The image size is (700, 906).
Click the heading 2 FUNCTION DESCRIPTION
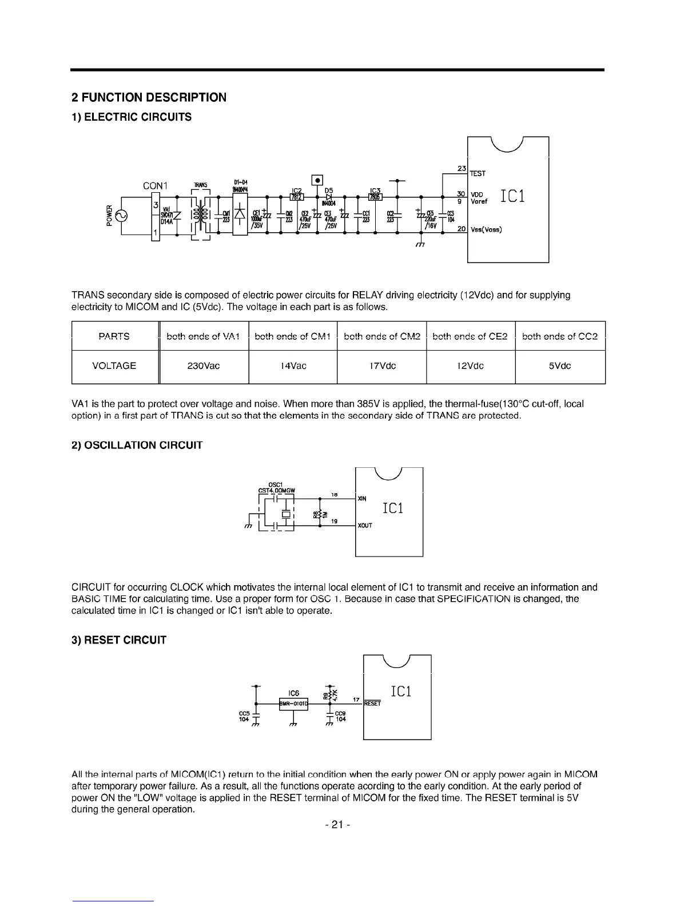[x=149, y=97]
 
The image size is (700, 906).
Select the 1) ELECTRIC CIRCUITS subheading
[x=132, y=117]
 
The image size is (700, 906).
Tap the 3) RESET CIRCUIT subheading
[x=119, y=640]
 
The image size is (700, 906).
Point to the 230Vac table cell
[x=204, y=366]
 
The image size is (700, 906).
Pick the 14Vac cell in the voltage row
[x=293, y=366]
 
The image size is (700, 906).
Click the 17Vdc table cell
[x=382, y=366]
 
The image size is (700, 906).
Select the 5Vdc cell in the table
[x=560, y=366]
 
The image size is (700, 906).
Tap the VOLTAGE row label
[x=114, y=366]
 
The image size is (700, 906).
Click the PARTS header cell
[x=114, y=336]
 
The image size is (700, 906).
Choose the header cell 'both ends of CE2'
[x=471, y=336]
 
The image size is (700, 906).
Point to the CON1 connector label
[x=155, y=186]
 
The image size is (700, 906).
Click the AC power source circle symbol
[x=121, y=216]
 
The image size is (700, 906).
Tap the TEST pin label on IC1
[x=478, y=173]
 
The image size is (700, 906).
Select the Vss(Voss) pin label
[x=486, y=230]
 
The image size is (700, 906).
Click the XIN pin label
[x=362, y=499]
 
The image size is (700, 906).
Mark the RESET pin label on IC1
[x=373, y=704]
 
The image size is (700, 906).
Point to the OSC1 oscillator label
[x=276, y=484]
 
